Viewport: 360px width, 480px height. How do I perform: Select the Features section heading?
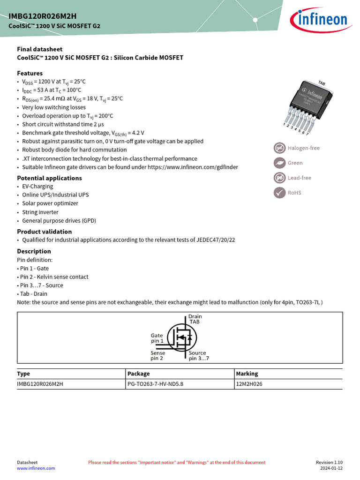(30, 73)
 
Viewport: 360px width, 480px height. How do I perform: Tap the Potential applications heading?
(49, 178)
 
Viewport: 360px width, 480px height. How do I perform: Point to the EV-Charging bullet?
(37, 186)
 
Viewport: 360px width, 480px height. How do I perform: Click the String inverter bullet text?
(40, 212)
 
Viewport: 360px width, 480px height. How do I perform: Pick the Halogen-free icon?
(279, 148)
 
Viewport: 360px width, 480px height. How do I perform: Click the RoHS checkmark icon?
(279, 193)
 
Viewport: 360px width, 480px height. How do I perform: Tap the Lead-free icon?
(279, 178)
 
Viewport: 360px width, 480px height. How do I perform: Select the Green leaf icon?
(279, 163)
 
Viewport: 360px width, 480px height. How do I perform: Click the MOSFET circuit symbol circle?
(182, 337)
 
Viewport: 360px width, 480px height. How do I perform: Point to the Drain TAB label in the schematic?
(195, 320)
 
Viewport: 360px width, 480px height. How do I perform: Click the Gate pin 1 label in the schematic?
(157, 338)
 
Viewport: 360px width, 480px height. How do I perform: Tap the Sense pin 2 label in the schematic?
(157, 355)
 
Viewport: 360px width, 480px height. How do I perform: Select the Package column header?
(139, 374)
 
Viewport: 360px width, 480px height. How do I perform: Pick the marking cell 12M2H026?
(249, 384)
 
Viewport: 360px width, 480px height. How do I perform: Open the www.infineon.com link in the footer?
(36, 468)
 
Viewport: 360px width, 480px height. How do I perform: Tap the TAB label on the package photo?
(321, 83)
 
